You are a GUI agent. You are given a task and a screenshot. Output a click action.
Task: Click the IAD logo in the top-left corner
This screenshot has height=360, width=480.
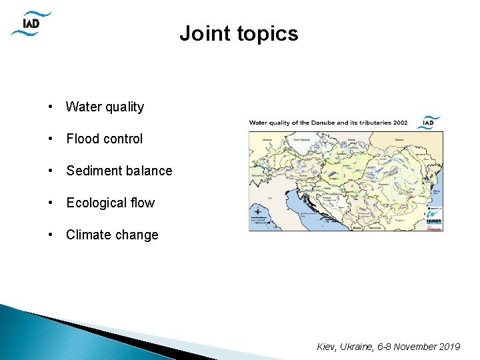coord(31,23)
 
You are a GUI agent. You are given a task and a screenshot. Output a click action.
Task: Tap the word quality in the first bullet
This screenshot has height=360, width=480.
coord(125,107)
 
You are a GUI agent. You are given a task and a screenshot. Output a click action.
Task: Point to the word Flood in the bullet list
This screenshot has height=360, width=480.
coord(83,139)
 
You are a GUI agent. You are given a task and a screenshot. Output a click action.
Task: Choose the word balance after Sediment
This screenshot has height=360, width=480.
coord(149,171)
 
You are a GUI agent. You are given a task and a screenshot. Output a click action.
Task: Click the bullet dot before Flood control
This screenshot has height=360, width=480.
coord(51,139)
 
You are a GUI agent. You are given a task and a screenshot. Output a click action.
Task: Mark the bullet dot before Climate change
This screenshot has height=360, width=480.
coord(51,235)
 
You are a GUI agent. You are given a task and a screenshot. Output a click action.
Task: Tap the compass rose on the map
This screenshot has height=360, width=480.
coord(258,213)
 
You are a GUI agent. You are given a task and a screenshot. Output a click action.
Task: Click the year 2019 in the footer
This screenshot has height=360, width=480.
coord(449,347)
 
